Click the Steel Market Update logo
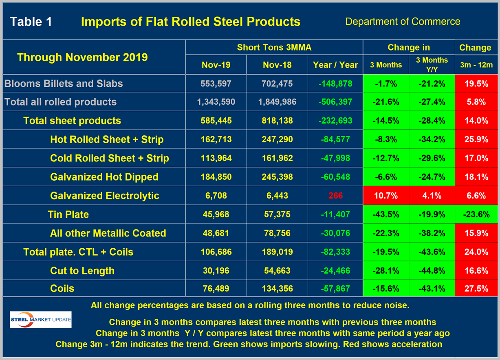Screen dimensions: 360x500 click(40, 320)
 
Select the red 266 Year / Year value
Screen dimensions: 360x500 click(335, 196)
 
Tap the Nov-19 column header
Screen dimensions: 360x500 click(216, 65)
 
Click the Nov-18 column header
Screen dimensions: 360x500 click(277, 65)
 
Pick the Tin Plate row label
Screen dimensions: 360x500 click(68, 214)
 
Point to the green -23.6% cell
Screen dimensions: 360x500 click(475, 214)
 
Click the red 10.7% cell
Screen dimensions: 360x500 click(385, 196)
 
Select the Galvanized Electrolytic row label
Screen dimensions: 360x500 click(104, 196)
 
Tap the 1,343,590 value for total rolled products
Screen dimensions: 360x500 click(216, 102)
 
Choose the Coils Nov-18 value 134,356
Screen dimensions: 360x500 click(277, 289)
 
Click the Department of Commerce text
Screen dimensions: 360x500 click(403, 21)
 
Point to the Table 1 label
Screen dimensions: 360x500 click(31, 21)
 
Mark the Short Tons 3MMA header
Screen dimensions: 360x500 click(274, 48)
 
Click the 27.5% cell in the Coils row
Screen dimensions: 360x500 click(475, 289)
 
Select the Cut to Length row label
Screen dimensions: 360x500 click(82, 271)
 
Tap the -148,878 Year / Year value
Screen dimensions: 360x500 click(335, 84)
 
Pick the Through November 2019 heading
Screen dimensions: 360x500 click(82, 57)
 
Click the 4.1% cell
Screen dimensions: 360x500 click(432, 196)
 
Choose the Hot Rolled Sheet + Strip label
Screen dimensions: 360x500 click(107, 139)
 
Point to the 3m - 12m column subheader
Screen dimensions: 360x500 click(475, 65)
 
